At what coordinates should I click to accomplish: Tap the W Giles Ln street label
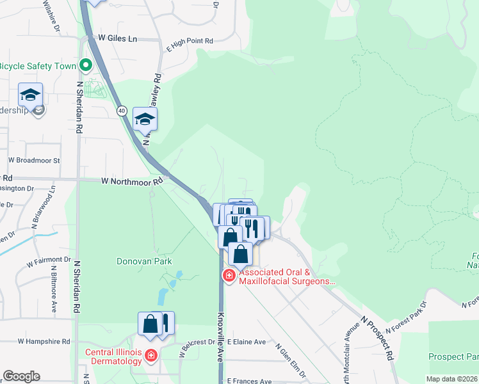(115, 38)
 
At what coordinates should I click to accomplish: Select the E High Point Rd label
(190, 41)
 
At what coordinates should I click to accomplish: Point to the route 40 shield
(121, 111)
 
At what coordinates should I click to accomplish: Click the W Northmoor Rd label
(133, 181)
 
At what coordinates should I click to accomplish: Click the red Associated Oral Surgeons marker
(228, 275)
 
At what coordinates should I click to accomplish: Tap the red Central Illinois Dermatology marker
(151, 355)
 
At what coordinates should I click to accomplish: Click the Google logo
(21, 376)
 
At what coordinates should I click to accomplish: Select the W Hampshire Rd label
(44, 342)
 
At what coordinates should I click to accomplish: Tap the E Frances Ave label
(246, 380)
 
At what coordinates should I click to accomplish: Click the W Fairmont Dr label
(49, 260)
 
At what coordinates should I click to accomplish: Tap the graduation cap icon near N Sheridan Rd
(30, 96)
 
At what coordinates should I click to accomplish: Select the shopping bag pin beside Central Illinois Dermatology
(150, 324)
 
